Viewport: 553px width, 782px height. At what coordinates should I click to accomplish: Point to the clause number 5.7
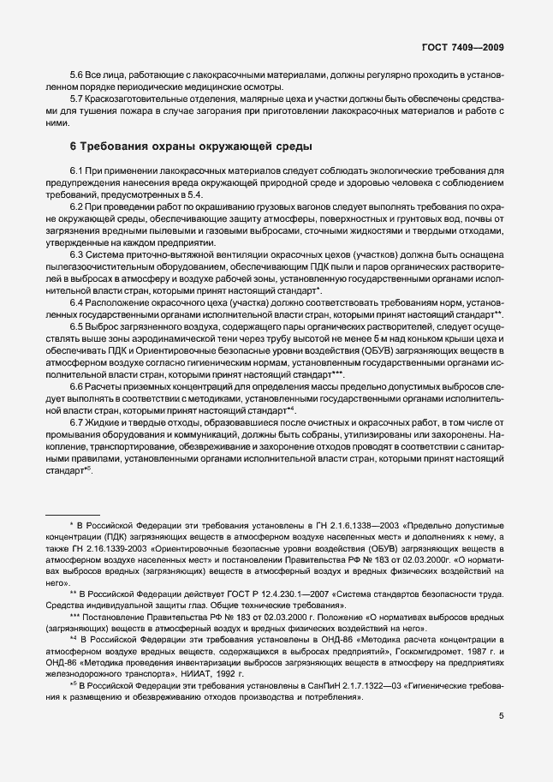point(77,100)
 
